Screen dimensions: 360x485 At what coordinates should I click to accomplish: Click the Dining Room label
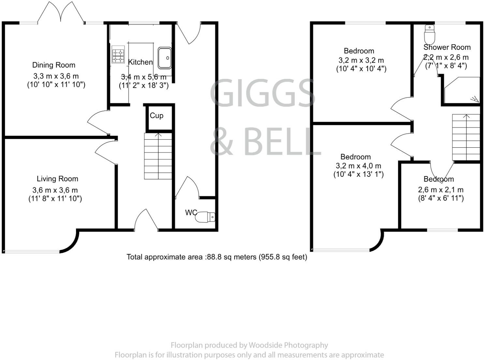click(x=53, y=65)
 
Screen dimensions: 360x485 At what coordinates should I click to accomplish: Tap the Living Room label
click(x=57, y=179)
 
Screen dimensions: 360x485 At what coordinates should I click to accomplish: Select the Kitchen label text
click(x=140, y=62)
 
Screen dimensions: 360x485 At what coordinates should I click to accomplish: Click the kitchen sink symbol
click(x=165, y=58)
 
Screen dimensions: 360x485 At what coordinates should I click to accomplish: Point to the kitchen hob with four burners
click(x=118, y=54)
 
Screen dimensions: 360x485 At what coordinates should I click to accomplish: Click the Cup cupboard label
click(x=156, y=116)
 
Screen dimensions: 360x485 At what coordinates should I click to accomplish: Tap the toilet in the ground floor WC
click(x=206, y=217)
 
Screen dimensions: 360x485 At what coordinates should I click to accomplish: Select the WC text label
click(x=191, y=213)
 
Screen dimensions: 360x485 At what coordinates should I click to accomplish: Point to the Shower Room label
click(x=447, y=47)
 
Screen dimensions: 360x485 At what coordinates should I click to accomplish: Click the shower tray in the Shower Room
click(x=462, y=90)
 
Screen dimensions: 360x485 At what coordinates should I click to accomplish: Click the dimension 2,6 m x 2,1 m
click(x=441, y=190)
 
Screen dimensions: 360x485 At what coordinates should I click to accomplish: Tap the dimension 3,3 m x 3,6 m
click(x=56, y=76)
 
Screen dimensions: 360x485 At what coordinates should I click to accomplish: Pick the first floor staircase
click(x=466, y=137)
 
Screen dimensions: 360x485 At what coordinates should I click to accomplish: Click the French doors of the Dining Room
click(x=61, y=13)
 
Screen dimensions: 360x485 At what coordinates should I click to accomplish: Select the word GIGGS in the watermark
click(x=263, y=93)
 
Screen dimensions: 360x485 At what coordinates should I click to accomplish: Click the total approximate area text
click(x=217, y=257)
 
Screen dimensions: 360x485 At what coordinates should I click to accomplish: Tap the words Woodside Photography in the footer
click(x=288, y=345)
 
